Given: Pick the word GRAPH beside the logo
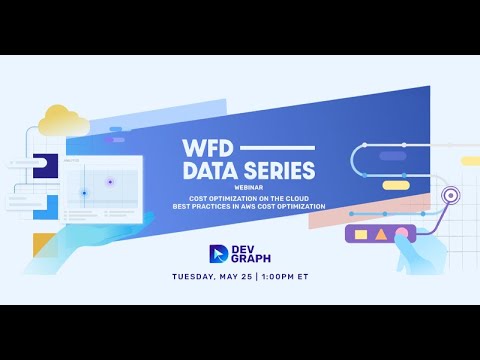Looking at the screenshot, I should (253, 260).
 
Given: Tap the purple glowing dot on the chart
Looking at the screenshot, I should (110, 182).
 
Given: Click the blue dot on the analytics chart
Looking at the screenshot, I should (84, 192).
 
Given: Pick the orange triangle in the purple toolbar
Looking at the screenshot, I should (380, 234).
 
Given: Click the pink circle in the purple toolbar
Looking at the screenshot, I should (400, 234).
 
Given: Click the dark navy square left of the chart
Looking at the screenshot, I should (44, 166).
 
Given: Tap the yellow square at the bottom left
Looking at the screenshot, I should (45, 245).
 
